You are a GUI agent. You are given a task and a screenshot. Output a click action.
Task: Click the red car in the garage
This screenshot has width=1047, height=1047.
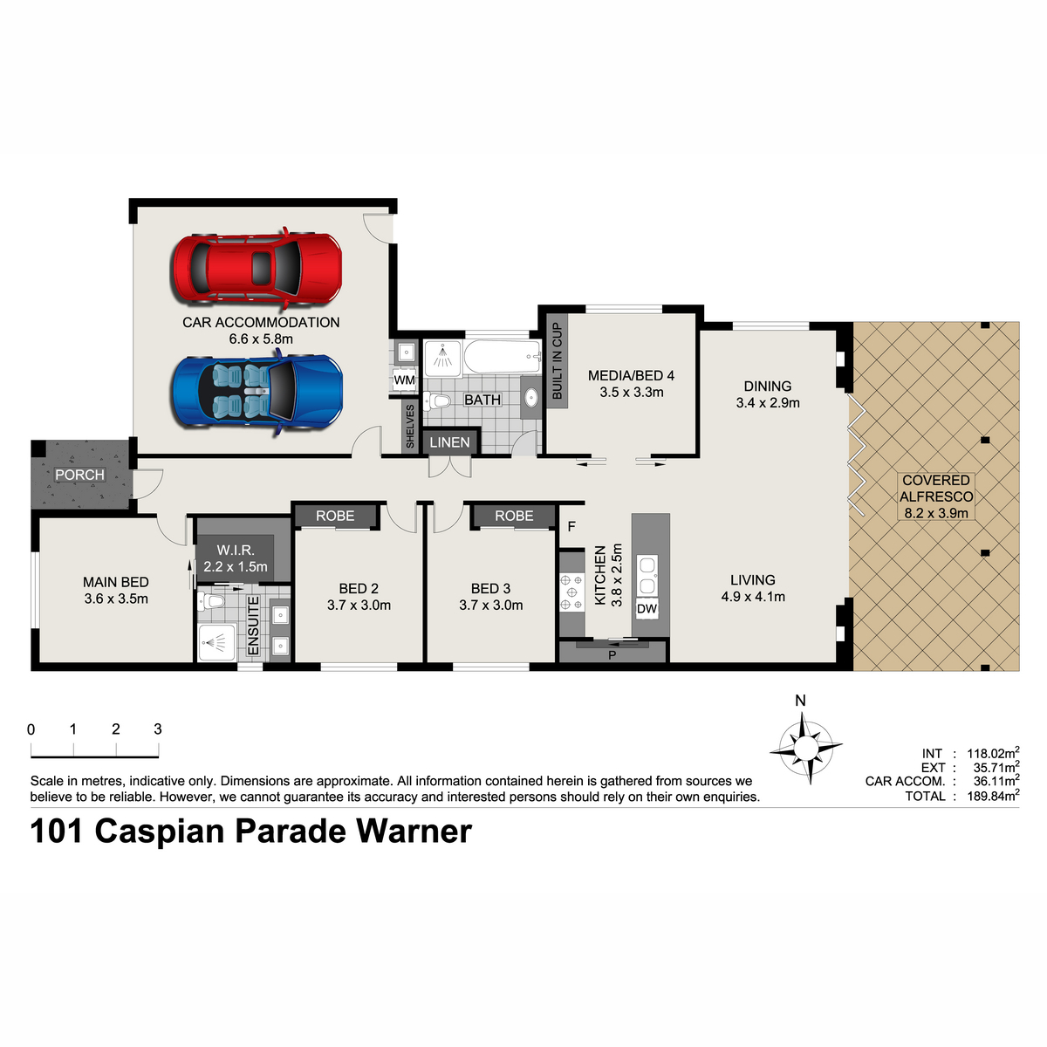[257, 268]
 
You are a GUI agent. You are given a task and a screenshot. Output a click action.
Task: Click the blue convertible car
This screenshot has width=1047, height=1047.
[257, 391]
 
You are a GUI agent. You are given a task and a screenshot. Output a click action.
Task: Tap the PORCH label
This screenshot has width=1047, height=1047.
[80, 475]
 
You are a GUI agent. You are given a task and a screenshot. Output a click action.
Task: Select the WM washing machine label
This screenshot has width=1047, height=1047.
[404, 380]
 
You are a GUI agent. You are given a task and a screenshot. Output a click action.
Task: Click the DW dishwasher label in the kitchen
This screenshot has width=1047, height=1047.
[647, 608]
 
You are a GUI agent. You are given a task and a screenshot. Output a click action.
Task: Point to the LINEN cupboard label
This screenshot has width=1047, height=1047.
[450, 442]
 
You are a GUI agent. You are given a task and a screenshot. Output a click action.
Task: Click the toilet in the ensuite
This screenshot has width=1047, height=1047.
[211, 601]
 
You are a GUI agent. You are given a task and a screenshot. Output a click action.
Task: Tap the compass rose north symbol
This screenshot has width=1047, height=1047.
[806, 748]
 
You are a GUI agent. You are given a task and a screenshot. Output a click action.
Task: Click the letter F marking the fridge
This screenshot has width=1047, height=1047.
[571, 526]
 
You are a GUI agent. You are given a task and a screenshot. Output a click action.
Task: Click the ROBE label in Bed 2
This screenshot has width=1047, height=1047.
[335, 516]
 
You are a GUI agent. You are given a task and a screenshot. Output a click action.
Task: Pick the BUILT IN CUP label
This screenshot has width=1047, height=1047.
[557, 360]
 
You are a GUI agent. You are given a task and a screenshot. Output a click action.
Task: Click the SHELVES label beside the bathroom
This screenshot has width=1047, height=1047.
[410, 426]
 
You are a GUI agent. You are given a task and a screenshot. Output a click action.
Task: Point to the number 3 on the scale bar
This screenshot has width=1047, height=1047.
[158, 729]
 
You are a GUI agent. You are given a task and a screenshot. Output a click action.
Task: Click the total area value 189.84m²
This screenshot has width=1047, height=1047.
[993, 796]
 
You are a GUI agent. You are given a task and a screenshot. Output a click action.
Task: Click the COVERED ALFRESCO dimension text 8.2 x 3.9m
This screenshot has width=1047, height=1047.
[936, 512]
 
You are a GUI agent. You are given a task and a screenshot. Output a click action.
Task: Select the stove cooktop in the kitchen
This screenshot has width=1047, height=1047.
[571, 592]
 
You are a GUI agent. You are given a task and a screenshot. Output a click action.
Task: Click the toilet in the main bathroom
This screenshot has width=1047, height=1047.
[437, 401]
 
